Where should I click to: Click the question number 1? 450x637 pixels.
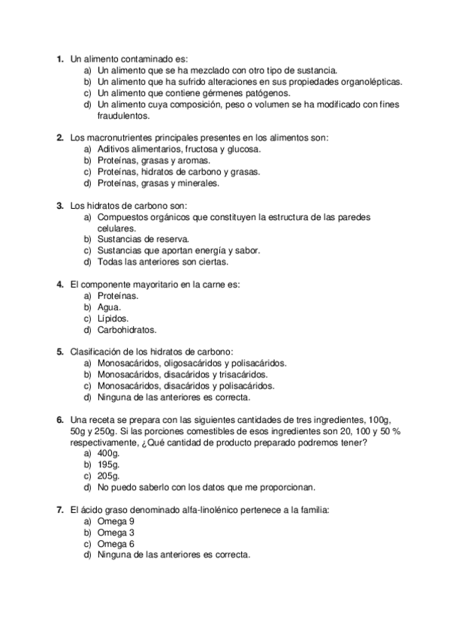59,58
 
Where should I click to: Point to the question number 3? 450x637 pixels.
59,205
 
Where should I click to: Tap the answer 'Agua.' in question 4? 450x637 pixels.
109,307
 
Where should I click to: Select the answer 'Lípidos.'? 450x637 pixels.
113,318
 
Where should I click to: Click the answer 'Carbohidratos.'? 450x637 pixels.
125,330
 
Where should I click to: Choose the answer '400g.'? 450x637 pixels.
110,454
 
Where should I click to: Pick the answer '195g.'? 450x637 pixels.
109,465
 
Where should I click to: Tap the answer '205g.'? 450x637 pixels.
109,476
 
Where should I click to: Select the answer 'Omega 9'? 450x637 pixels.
116,521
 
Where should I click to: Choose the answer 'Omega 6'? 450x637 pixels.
116,544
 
